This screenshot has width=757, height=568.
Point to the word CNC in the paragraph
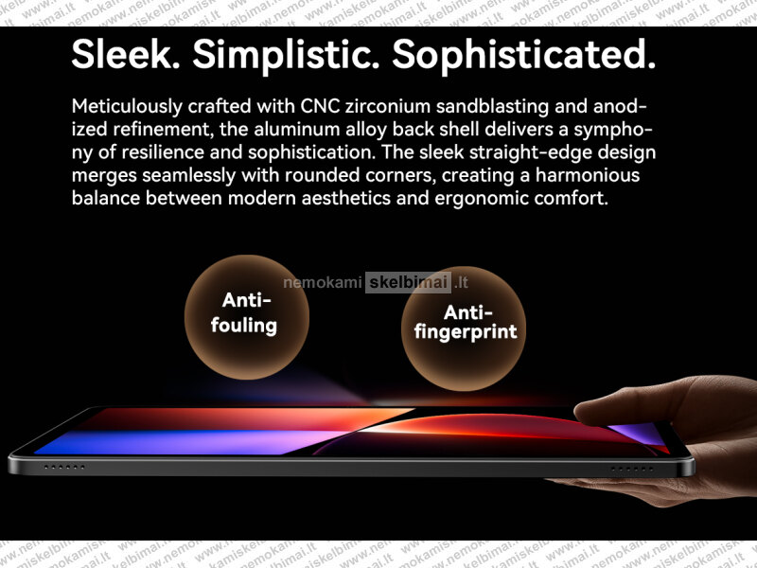tap(320, 106)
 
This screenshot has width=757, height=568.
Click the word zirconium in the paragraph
tap(387, 106)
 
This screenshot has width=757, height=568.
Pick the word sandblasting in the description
tap(492, 107)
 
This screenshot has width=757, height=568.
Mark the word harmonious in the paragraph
tap(588, 175)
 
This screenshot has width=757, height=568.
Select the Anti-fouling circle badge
tap(247, 317)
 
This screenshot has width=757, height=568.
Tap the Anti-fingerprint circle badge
tap(464, 328)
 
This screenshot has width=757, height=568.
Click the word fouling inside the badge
tap(244, 326)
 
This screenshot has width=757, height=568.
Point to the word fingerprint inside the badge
tap(466, 332)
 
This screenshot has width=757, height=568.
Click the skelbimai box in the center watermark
tap(409, 282)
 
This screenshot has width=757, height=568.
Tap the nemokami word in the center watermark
tap(322, 282)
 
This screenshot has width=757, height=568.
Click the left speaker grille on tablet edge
tap(64, 467)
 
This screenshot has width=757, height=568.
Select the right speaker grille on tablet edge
tap(631, 469)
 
